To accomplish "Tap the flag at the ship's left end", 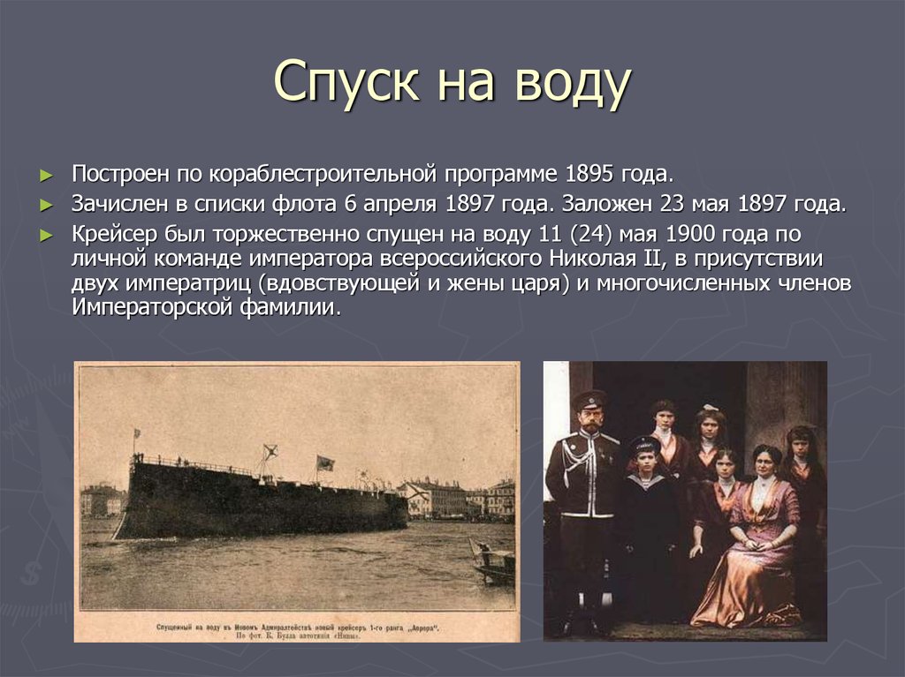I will click(x=136, y=435).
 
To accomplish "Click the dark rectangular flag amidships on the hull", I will click(x=325, y=463).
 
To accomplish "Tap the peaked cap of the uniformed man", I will click(x=589, y=399).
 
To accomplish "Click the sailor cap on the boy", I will click(x=644, y=443).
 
